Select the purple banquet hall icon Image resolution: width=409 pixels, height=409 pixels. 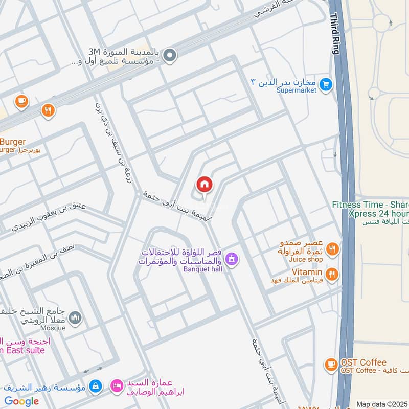click(232, 259)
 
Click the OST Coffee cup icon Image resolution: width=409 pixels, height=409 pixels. click(331, 365)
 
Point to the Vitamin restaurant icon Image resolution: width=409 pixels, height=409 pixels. click(332, 275)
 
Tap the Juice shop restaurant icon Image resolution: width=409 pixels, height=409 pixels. click(332, 249)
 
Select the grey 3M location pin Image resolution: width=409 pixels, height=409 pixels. click(170, 56)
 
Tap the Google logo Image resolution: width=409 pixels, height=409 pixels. click(21, 401)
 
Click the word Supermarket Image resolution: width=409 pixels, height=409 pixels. click(296, 90)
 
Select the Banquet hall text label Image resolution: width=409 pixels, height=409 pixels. click(203, 269)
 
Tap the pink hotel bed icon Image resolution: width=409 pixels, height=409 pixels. click(117, 386)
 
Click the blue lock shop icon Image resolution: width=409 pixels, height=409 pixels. click(95, 386)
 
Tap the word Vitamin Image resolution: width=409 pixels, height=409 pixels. click(307, 272)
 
